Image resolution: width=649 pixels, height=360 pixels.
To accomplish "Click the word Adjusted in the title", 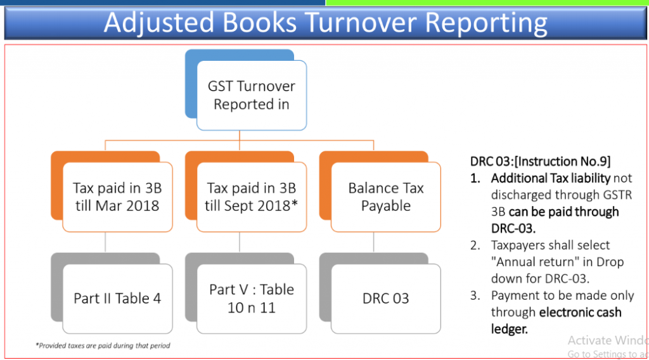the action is (x=159, y=23).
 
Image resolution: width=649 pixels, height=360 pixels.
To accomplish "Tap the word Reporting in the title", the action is (x=486, y=23).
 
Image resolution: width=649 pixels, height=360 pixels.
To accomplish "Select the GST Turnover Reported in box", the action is (x=252, y=95).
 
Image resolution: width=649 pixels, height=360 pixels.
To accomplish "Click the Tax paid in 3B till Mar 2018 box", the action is (x=117, y=197).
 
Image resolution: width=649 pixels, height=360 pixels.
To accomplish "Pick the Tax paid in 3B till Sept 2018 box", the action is (x=252, y=197).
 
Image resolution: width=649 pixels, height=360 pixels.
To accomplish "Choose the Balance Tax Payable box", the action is (x=386, y=197).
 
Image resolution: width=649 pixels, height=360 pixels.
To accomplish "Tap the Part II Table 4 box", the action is (x=117, y=299).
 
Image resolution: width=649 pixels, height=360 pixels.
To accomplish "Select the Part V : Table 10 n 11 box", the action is (x=252, y=299).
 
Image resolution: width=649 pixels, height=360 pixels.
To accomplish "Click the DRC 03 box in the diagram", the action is (x=386, y=299).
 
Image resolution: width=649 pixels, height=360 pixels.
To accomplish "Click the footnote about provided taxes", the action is (x=103, y=345).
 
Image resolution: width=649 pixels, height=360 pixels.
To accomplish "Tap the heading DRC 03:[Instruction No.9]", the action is (x=540, y=162).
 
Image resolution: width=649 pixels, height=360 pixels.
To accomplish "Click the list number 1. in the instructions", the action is (x=475, y=178).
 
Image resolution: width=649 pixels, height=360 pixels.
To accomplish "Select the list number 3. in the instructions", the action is (x=475, y=295).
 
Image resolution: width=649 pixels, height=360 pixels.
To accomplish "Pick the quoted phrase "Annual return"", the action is (x=530, y=262).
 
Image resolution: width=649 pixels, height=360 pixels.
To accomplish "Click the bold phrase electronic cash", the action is (x=581, y=312).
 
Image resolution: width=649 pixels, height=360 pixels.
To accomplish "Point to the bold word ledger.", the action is (x=510, y=329).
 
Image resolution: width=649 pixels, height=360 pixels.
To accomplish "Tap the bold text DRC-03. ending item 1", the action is (x=513, y=228).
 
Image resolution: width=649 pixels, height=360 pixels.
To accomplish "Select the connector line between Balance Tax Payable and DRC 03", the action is (x=374, y=242).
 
